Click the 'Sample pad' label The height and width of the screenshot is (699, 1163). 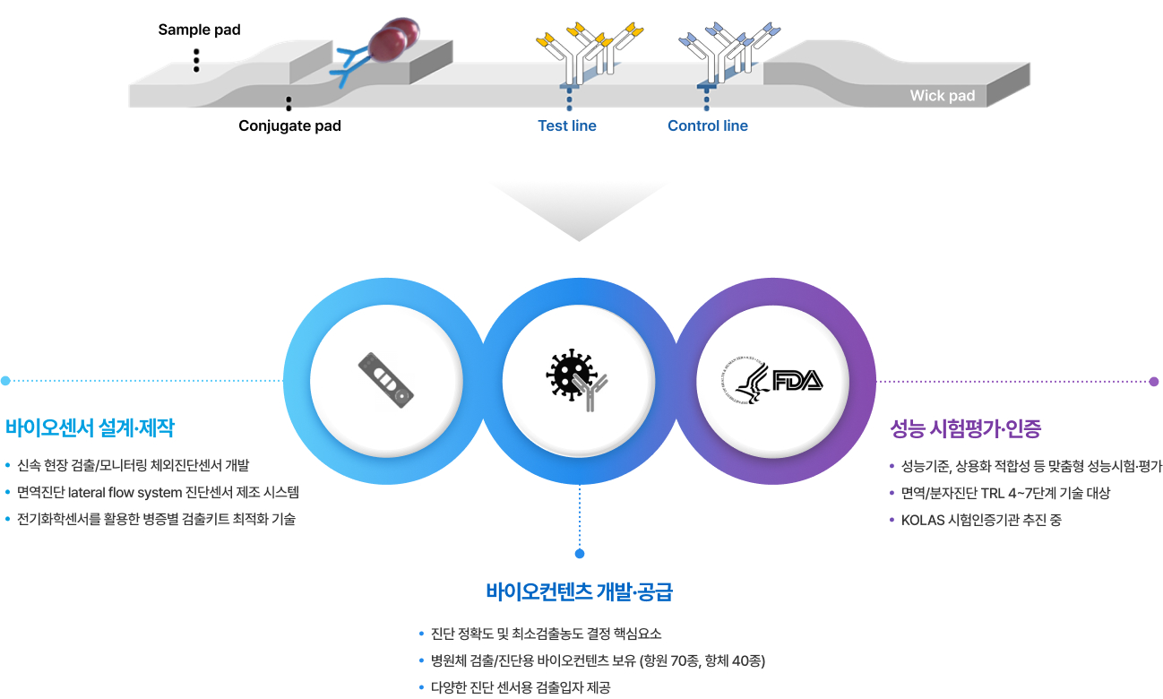(x=199, y=30)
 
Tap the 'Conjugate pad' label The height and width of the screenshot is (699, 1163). (x=289, y=125)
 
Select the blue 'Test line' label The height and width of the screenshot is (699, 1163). (x=566, y=125)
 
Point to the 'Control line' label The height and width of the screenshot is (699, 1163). (x=707, y=125)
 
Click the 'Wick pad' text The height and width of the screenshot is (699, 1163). (x=942, y=96)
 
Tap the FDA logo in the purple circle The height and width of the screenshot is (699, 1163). (x=772, y=382)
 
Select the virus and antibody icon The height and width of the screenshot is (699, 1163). (x=574, y=380)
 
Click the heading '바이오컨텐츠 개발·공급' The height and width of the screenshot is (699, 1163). (x=579, y=591)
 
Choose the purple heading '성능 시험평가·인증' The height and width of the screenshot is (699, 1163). (x=965, y=428)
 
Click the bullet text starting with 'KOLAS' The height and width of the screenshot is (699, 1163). (x=980, y=520)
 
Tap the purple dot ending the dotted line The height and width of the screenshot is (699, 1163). (x=1153, y=382)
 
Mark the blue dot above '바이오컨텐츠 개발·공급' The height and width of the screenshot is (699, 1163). (x=580, y=553)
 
